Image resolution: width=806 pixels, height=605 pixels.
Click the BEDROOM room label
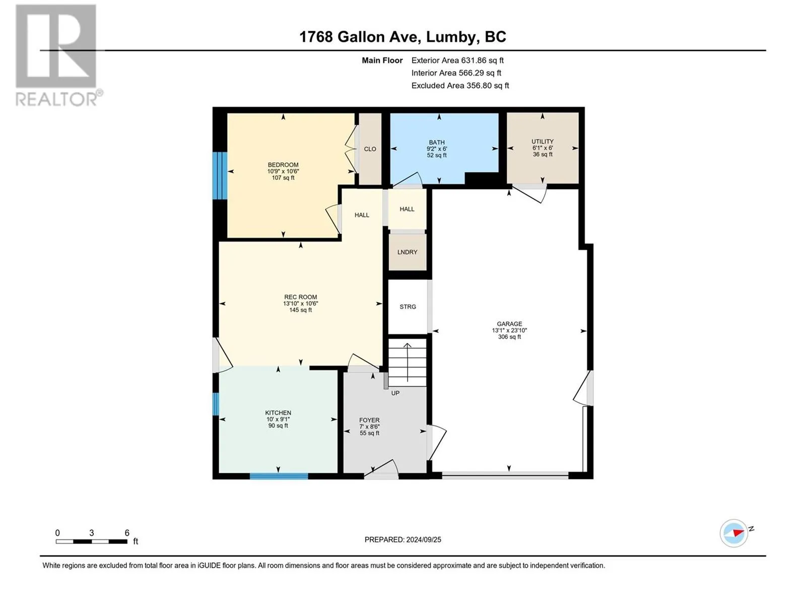[x=283, y=165]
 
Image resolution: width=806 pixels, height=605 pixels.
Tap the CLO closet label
[x=370, y=149]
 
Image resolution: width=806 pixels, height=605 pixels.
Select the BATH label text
[x=437, y=142]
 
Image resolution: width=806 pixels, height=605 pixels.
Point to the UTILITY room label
[x=543, y=142]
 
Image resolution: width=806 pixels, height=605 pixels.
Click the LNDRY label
[x=407, y=252]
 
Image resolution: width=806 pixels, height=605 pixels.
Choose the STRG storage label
[x=408, y=307]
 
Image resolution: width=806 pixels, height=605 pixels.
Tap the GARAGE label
[x=509, y=324]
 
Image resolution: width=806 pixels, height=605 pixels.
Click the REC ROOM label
[x=300, y=297]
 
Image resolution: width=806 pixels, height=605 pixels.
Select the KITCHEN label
[x=278, y=412]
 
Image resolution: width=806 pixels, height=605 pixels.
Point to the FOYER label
[x=369, y=420]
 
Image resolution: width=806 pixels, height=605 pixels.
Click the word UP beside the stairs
[x=395, y=393]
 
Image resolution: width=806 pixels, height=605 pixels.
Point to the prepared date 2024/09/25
[x=423, y=539]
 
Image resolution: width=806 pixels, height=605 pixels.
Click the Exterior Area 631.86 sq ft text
[x=457, y=60]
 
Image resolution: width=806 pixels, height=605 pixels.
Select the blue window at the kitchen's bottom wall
[x=279, y=476]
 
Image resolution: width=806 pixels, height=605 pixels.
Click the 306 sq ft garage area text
[x=509, y=336]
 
